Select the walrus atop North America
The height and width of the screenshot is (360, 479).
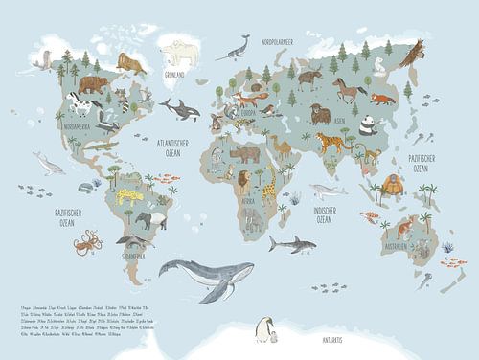(129, 64)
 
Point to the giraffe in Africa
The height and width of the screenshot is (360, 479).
(270, 186)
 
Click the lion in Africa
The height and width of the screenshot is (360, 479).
(245, 181)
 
